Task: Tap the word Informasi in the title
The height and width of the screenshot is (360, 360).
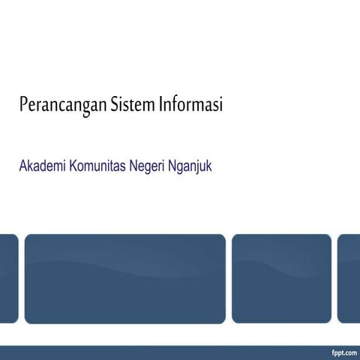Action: [x=191, y=105]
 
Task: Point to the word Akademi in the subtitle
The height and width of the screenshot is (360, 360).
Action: [x=42, y=166]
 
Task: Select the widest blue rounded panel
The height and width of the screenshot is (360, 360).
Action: [x=124, y=278]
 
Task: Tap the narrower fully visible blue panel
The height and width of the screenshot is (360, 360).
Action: [x=281, y=278]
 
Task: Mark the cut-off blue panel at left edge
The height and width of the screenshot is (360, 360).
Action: [x=8, y=278]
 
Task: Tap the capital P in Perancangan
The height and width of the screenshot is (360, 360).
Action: [x=23, y=105]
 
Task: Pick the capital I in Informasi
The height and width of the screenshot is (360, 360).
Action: [x=161, y=105]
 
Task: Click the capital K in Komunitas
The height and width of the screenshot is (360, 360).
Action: [x=73, y=166]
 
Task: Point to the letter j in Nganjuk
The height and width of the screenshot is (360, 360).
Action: [x=202, y=166]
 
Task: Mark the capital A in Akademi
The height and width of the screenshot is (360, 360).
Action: [x=23, y=166]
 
